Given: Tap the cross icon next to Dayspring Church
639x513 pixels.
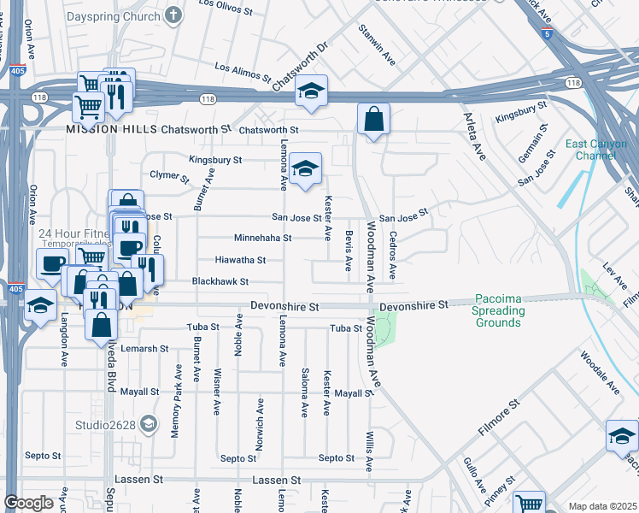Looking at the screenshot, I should click(x=173, y=15).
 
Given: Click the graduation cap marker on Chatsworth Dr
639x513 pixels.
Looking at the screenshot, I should click(x=312, y=91).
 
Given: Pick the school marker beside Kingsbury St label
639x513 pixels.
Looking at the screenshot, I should click(x=304, y=168).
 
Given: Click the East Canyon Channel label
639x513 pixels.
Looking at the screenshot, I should click(x=595, y=150).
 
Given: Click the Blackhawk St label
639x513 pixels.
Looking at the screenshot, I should click(x=220, y=281).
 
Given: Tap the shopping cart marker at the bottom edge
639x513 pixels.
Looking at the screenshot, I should click(x=529, y=504).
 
